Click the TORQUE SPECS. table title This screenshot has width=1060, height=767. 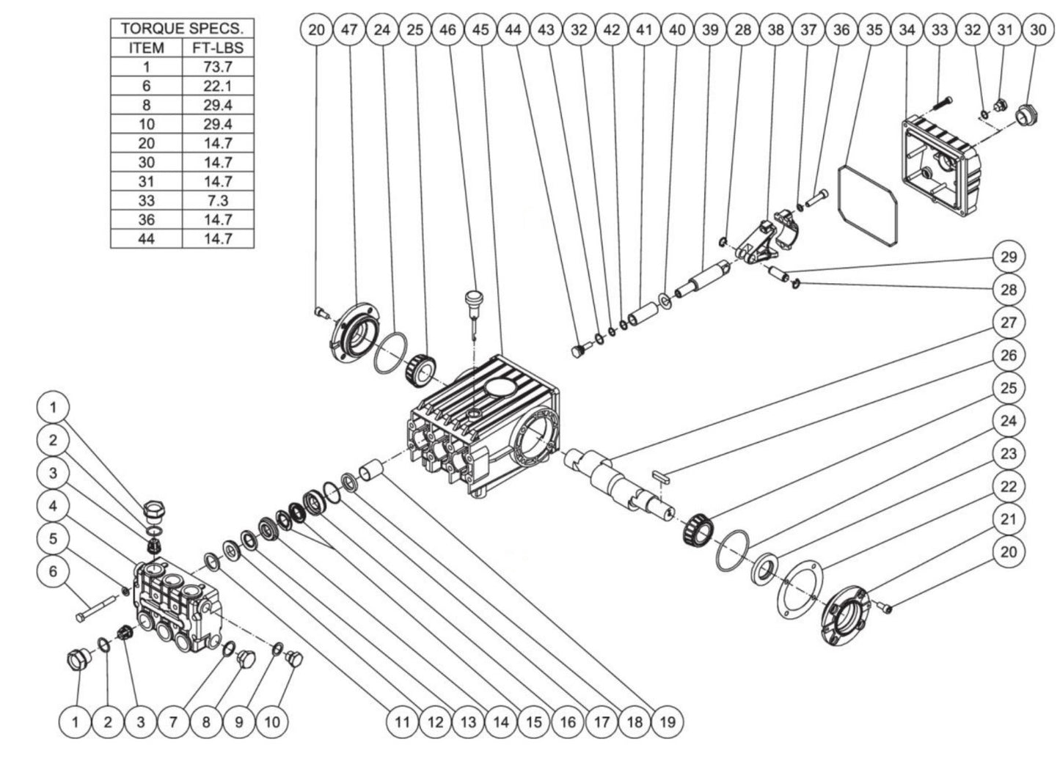182,29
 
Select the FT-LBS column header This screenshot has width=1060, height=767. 218,48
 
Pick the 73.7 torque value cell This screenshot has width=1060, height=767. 218,67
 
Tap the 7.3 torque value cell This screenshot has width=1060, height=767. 218,200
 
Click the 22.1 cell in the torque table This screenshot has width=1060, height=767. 218,86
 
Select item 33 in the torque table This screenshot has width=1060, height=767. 147,200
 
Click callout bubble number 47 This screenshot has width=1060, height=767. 349,30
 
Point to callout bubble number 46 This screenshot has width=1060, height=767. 447,30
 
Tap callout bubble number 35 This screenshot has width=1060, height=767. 874,30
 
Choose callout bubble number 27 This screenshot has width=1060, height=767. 1009,323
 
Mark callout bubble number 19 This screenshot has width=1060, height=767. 666,722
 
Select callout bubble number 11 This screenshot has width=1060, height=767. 402,722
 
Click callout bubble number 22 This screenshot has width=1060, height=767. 1009,486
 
